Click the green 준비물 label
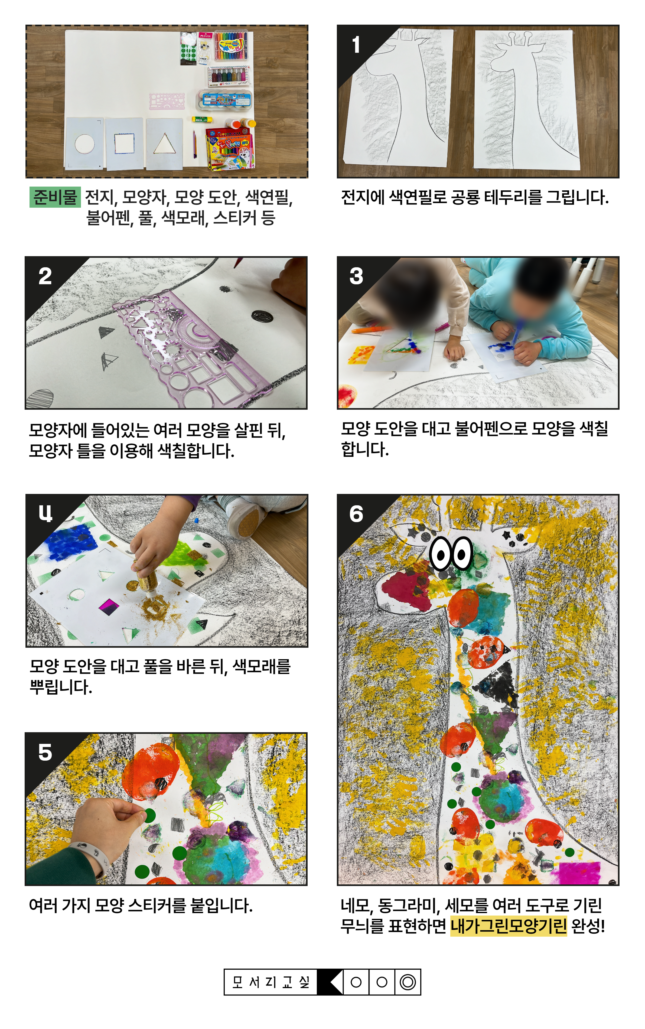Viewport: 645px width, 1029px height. click(x=55, y=197)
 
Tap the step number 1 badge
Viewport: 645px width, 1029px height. click(x=356, y=45)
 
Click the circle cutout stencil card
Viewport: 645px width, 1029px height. click(x=84, y=143)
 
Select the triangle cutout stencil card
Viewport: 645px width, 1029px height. click(x=164, y=143)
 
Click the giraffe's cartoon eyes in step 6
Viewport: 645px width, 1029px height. click(x=451, y=554)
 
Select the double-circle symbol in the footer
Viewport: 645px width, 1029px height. click(x=408, y=982)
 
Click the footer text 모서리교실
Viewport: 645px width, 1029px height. click(x=271, y=982)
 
